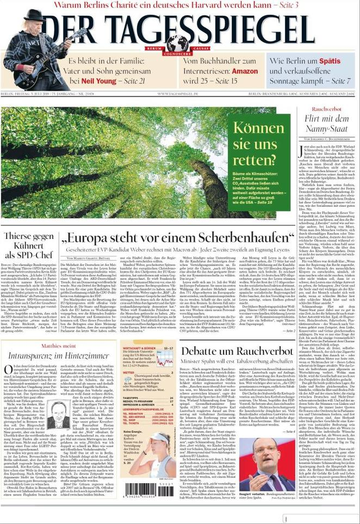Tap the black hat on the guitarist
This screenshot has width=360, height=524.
[34, 15]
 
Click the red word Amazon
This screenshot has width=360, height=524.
[244, 71]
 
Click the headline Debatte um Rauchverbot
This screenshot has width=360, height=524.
[237, 351]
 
